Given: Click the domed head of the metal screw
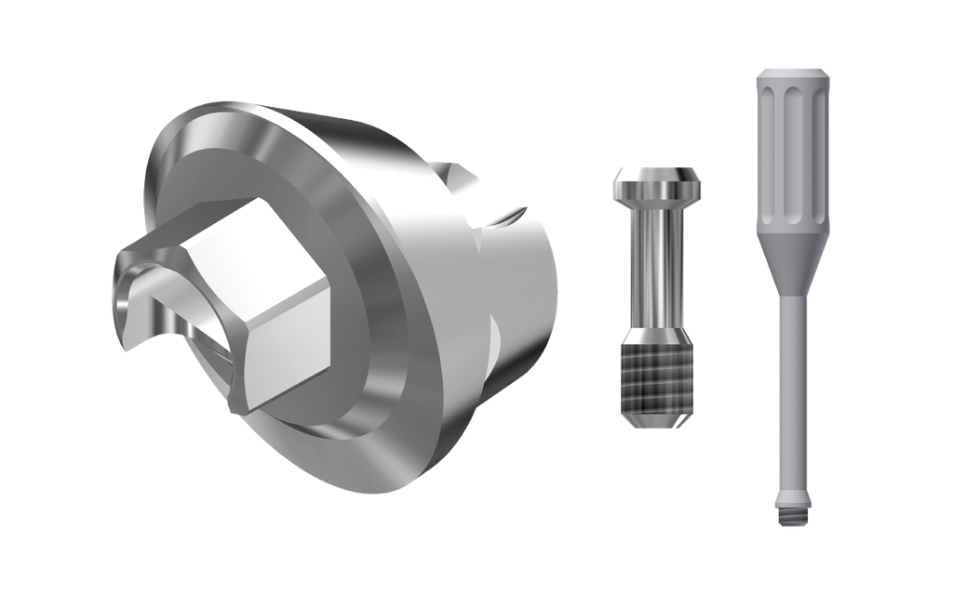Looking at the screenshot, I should [657, 180].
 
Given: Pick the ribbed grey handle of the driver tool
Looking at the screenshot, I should [792, 158].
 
